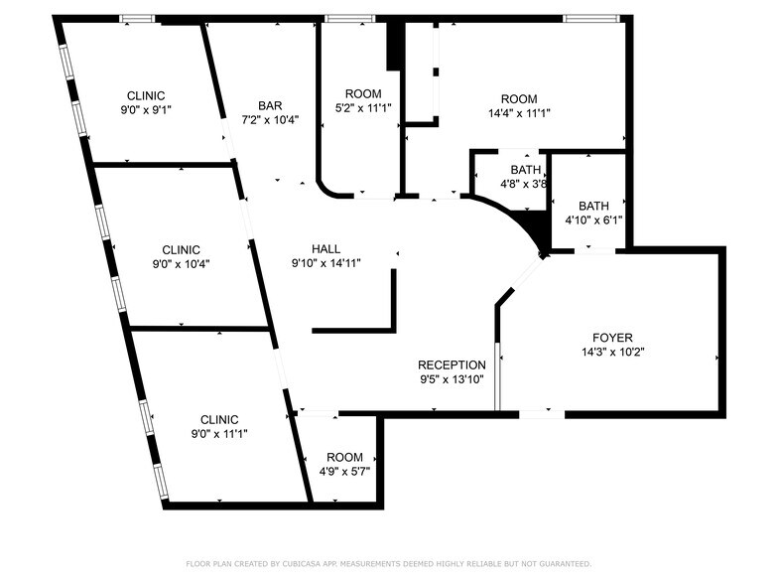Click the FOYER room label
click(x=612, y=338)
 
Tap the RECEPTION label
click(x=452, y=365)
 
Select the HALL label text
click(x=325, y=249)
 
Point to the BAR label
click(x=270, y=106)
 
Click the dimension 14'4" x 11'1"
click(x=518, y=113)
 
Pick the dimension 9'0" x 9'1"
click(x=146, y=110)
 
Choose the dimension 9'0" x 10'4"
click(x=181, y=264)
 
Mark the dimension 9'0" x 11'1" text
click(x=219, y=433)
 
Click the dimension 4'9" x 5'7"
click(x=344, y=470)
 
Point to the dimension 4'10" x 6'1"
click(x=593, y=220)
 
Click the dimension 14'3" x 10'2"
click(x=612, y=352)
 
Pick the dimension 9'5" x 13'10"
click(x=452, y=378)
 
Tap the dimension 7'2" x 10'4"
click(x=270, y=120)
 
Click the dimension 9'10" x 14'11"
click(x=325, y=263)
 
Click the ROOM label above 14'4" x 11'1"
click(x=518, y=99)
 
